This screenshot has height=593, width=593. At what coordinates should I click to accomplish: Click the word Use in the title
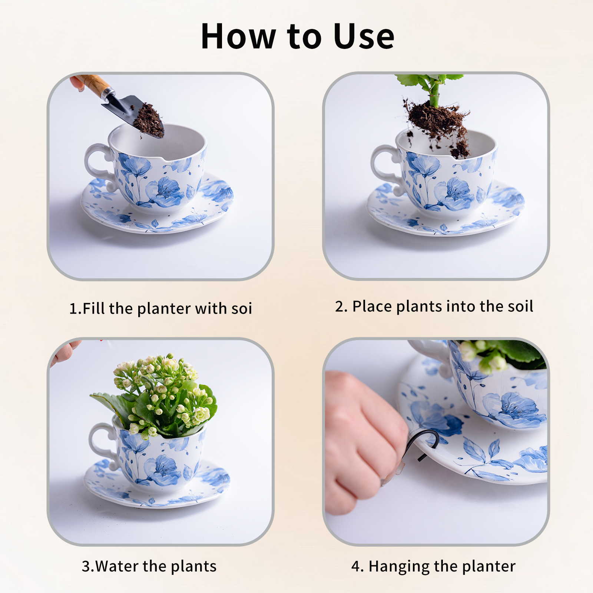pyautogui.click(x=364, y=36)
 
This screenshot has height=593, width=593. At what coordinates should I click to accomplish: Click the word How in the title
pyautogui.click(x=238, y=36)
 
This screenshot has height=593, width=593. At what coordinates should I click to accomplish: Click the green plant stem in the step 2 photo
pyautogui.click(x=434, y=95)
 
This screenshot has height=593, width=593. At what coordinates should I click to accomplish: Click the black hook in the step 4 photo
pyautogui.click(x=426, y=443)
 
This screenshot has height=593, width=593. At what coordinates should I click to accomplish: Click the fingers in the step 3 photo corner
pyautogui.click(x=65, y=352)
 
